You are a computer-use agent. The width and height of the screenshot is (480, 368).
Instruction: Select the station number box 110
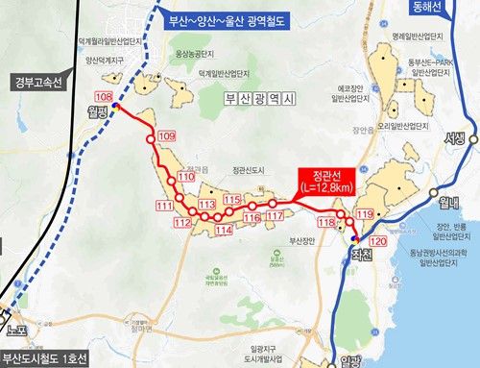click(x=186, y=178)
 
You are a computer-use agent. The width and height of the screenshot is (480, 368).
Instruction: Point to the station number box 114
click(x=224, y=231)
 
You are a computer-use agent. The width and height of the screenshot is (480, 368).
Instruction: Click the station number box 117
click(x=275, y=216)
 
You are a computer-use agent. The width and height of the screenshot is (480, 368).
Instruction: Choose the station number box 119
click(x=365, y=212)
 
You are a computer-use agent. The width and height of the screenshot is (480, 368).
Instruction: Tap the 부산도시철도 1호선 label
click(x=46, y=359)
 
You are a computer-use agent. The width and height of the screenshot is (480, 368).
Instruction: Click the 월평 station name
click(x=99, y=111)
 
